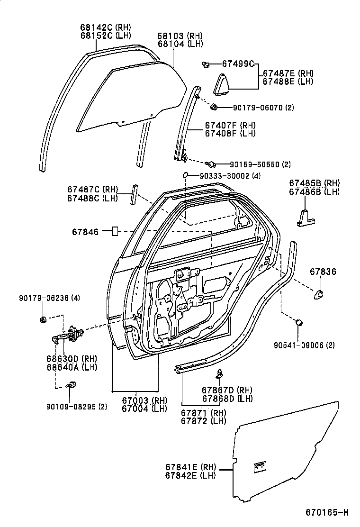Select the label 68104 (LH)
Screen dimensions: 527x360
coord(180,44)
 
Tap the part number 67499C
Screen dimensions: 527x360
coord(239,64)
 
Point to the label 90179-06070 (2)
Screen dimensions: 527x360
coord(263,108)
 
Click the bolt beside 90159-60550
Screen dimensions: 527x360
coord(211,164)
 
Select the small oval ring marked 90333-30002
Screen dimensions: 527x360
coord(186,176)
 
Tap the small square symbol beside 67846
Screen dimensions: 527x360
coord(114,232)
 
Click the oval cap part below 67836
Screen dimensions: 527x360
coord(319,294)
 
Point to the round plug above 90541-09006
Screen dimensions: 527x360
coord(299,323)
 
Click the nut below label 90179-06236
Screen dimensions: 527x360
coord(43,319)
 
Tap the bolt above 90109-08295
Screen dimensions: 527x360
coord(71,385)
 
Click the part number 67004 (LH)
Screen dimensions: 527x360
coord(144,409)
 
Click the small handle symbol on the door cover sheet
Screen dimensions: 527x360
coord(260,466)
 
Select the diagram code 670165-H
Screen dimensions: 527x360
coord(327,512)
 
